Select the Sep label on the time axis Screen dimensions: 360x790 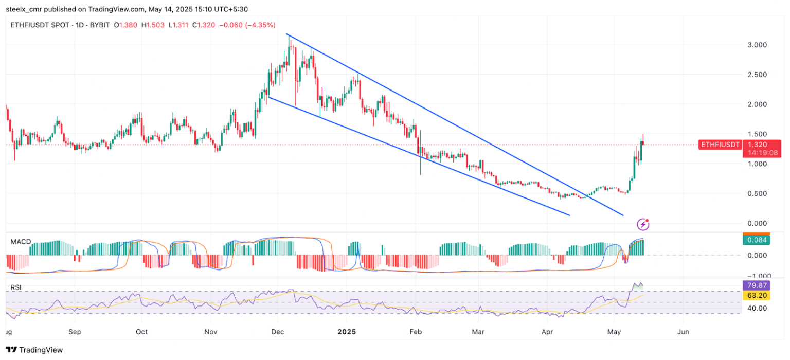pyautogui.click(x=75, y=332)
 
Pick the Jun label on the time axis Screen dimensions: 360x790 pyautogui.click(x=684, y=332)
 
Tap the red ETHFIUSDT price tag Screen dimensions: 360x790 pyautogui.click(x=720, y=145)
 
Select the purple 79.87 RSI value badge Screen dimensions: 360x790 pyautogui.click(x=756, y=285)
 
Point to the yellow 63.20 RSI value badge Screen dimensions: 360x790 pyautogui.click(x=756, y=295)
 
